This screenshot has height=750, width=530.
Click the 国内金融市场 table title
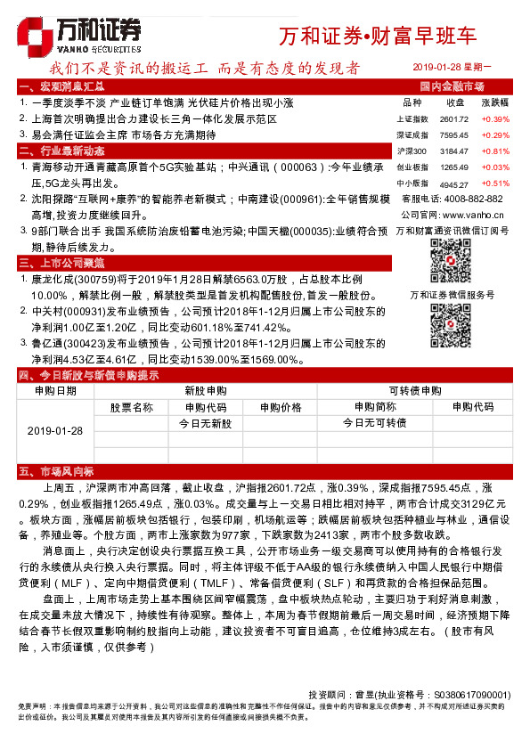click(x=452, y=86)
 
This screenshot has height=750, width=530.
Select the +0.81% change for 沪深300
click(x=495, y=151)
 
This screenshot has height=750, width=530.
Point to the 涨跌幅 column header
click(x=494, y=102)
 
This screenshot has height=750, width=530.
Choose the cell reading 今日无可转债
click(x=374, y=422)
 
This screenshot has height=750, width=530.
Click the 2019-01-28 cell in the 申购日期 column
click(x=55, y=430)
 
